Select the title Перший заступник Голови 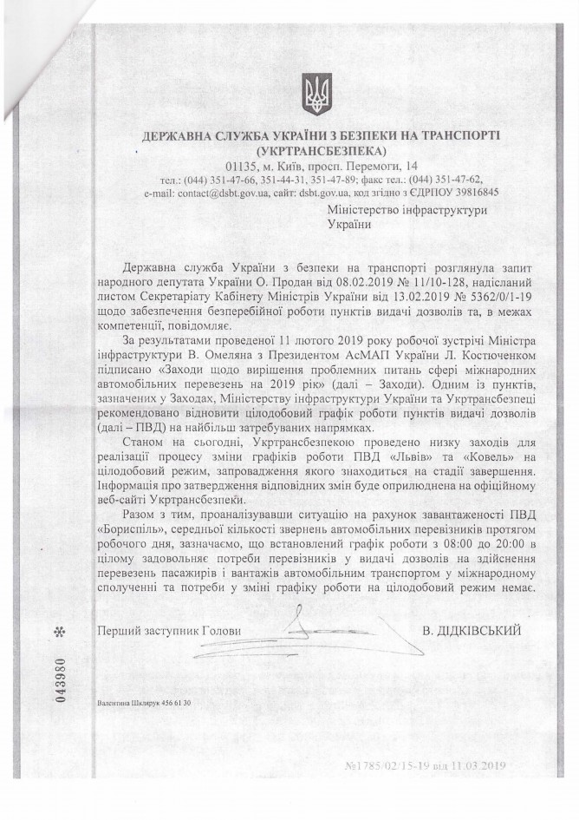point(170,631)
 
